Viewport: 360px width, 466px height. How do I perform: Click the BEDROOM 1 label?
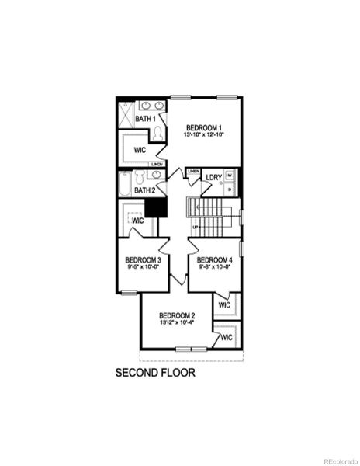pos(203,127)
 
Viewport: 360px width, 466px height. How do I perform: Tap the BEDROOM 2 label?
pos(177,315)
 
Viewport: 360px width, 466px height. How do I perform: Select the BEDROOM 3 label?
pos(144,259)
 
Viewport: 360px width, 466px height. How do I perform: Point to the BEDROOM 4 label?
pos(215,259)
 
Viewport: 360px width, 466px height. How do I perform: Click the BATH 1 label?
pos(146,119)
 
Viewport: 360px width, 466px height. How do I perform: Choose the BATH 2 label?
pos(145,190)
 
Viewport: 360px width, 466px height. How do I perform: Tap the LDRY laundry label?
pos(214,177)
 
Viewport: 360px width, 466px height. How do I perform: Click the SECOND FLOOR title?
pos(155,373)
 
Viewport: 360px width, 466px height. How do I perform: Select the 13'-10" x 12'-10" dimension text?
pos(203,136)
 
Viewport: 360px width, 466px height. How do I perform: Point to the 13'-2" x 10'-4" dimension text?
pos(177,322)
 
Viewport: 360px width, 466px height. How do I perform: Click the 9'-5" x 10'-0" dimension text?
pos(144,267)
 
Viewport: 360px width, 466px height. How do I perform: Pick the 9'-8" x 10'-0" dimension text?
pos(215,267)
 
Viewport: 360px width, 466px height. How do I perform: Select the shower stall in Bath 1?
pos(126,116)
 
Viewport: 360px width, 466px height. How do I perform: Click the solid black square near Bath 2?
pos(157,207)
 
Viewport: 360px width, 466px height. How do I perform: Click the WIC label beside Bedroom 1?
pos(140,149)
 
